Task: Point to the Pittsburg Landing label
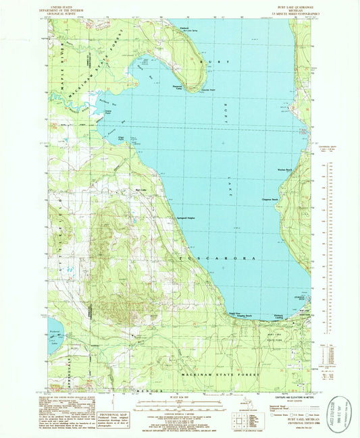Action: [x=282, y=316]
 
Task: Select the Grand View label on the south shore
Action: [x=232, y=314]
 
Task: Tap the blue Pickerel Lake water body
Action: [x=53, y=335]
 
